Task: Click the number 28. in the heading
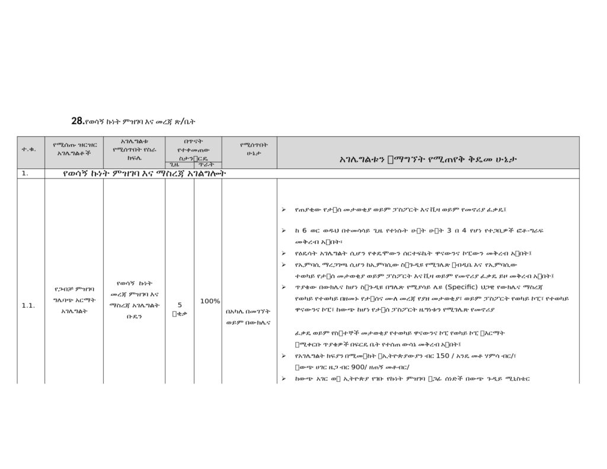pos(77,121)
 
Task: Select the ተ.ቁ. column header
pos(28,149)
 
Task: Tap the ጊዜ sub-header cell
pos(174,164)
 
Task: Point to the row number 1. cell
pos(25,174)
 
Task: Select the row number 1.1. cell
pos(28,305)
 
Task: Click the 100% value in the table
pos(210,301)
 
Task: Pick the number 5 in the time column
pos(180,305)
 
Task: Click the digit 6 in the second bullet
pos(304,231)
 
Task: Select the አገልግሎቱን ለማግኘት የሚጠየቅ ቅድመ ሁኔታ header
pos(428,159)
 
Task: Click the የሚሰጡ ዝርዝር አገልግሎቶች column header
pos(74,149)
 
